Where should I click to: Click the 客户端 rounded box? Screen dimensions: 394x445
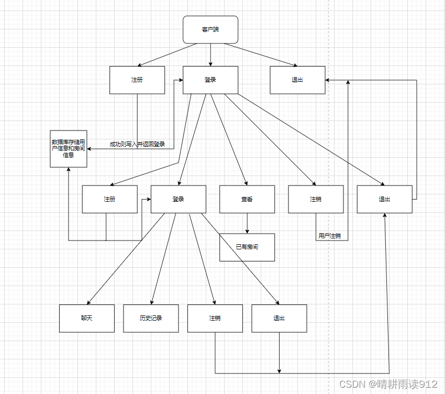(x=210, y=29)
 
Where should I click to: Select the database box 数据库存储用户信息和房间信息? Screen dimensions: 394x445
(x=69, y=148)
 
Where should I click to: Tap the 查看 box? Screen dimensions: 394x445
(x=247, y=199)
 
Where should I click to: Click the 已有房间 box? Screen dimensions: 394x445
(x=247, y=247)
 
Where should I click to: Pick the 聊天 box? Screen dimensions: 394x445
(x=87, y=318)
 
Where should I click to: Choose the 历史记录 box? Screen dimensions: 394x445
(x=151, y=318)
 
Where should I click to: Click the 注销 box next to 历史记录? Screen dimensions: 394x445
(x=215, y=318)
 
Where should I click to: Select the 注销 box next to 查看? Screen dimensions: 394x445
(x=316, y=199)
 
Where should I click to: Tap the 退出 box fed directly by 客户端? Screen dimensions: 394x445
(x=297, y=80)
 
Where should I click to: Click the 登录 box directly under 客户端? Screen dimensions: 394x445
(x=210, y=80)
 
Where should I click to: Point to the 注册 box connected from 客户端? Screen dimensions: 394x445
(x=137, y=80)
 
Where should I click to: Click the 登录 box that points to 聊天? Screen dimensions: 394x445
(x=179, y=199)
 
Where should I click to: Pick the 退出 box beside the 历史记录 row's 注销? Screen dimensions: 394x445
(x=279, y=318)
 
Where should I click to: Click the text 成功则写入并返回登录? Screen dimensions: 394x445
(x=137, y=144)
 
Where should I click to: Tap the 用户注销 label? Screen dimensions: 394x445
(x=330, y=236)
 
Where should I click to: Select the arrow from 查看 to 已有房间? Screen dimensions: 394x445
(x=247, y=223)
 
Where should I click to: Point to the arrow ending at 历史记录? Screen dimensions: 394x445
(x=162, y=259)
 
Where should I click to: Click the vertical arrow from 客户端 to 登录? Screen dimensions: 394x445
(x=210, y=54)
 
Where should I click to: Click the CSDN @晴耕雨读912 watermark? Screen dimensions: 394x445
(x=388, y=384)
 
